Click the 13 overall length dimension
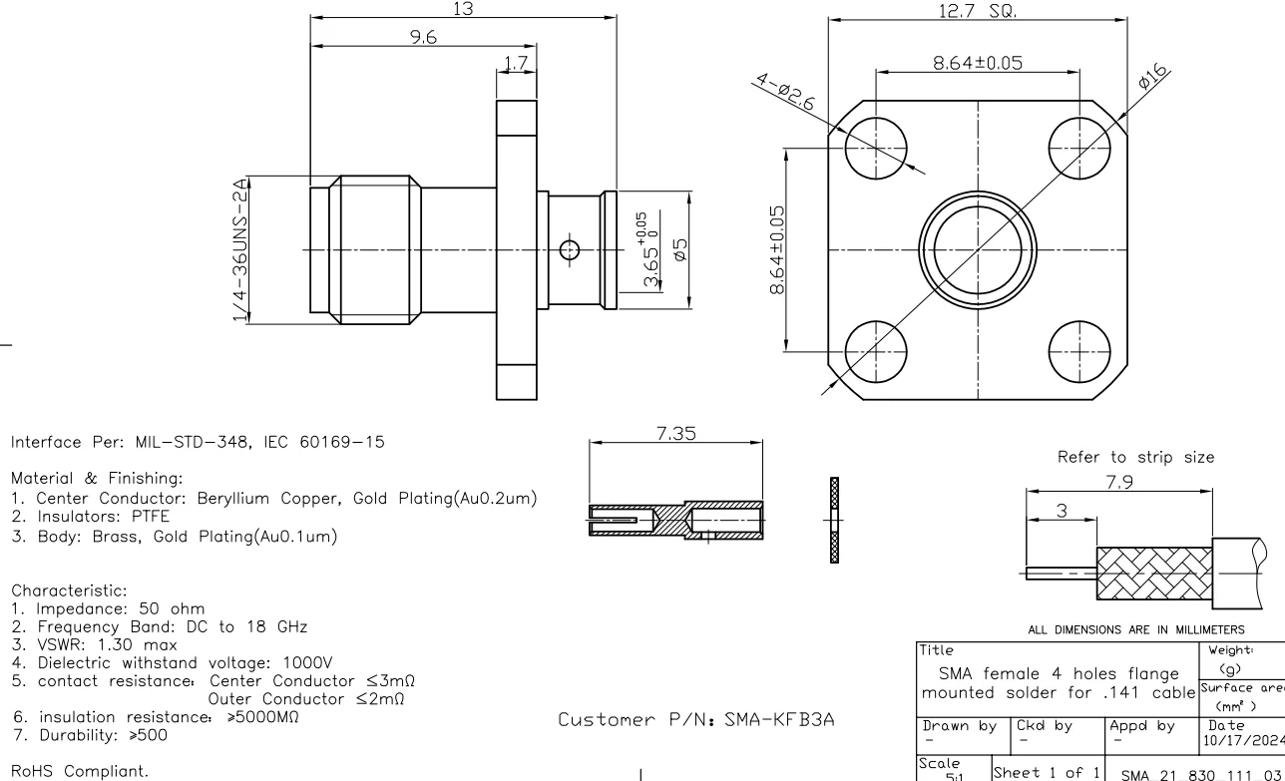pyautogui.click(x=462, y=8)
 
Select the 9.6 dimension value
pyautogui.click(x=425, y=36)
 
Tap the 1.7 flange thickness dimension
pyautogui.click(x=515, y=64)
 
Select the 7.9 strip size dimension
pyautogui.click(x=1117, y=482)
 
